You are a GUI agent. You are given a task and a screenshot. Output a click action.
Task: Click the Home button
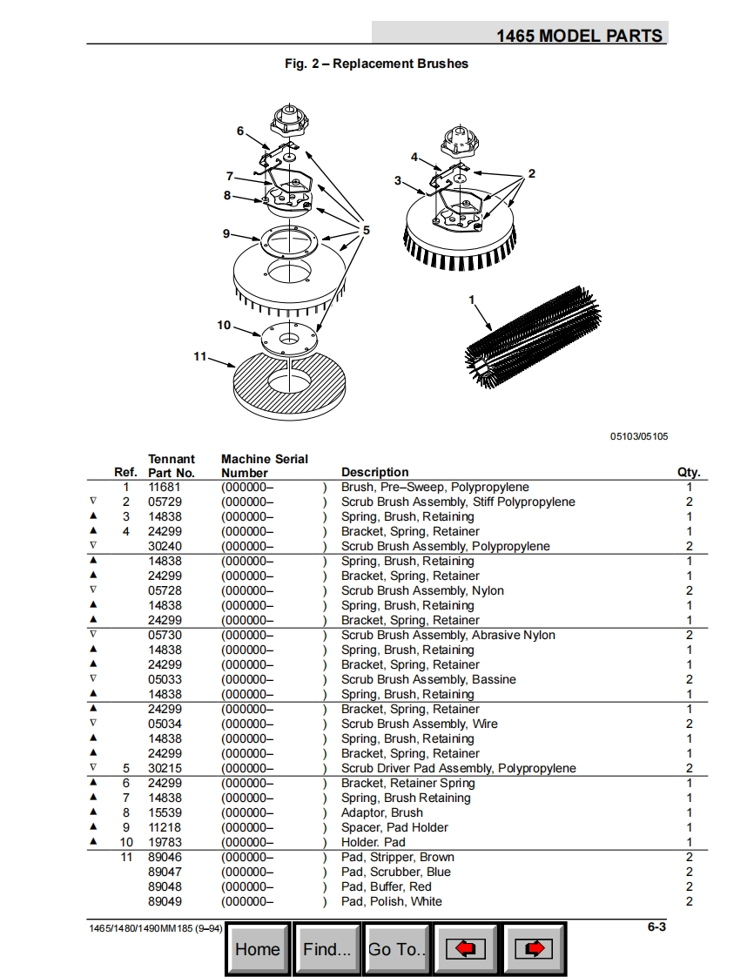(x=258, y=949)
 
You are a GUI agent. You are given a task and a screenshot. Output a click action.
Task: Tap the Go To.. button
(x=397, y=949)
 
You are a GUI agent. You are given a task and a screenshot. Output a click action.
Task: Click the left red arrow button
(x=466, y=949)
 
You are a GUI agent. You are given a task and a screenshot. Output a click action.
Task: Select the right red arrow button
(x=535, y=949)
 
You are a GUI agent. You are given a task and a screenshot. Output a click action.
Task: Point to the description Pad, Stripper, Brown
(x=397, y=858)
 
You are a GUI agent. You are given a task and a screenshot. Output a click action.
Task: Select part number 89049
(x=165, y=902)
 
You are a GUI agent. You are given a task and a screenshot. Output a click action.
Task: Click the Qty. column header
(x=688, y=472)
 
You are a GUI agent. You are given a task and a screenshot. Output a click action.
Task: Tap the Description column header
(x=374, y=472)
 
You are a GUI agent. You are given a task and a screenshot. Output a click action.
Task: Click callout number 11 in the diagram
(x=199, y=356)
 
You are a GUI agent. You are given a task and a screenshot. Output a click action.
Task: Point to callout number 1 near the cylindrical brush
(x=471, y=300)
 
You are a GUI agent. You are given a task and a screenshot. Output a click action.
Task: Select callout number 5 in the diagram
(x=367, y=230)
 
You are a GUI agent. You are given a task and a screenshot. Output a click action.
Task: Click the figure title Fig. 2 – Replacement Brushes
(x=376, y=64)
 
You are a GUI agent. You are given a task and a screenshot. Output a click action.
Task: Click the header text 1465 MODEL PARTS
(x=579, y=36)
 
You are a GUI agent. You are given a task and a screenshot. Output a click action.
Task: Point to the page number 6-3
(x=656, y=927)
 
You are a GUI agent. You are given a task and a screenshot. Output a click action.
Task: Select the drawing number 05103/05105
(x=639, y=436)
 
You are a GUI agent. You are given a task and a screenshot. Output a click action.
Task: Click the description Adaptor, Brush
(x=381, y=813)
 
